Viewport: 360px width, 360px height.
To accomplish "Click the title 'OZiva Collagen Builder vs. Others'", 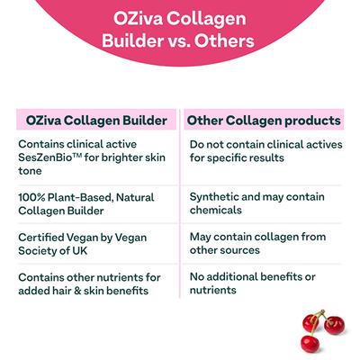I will (x=179, y=29).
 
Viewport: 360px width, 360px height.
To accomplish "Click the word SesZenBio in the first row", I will (x=46, y=158).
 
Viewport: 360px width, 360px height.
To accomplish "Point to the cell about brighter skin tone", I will (x=90, y=158).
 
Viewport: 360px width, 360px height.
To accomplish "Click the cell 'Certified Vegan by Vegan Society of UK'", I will (x=82, y=242).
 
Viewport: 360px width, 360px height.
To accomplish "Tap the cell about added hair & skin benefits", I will (x=89, y=283).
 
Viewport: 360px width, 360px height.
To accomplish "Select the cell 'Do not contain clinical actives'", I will (x=262, y=150).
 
